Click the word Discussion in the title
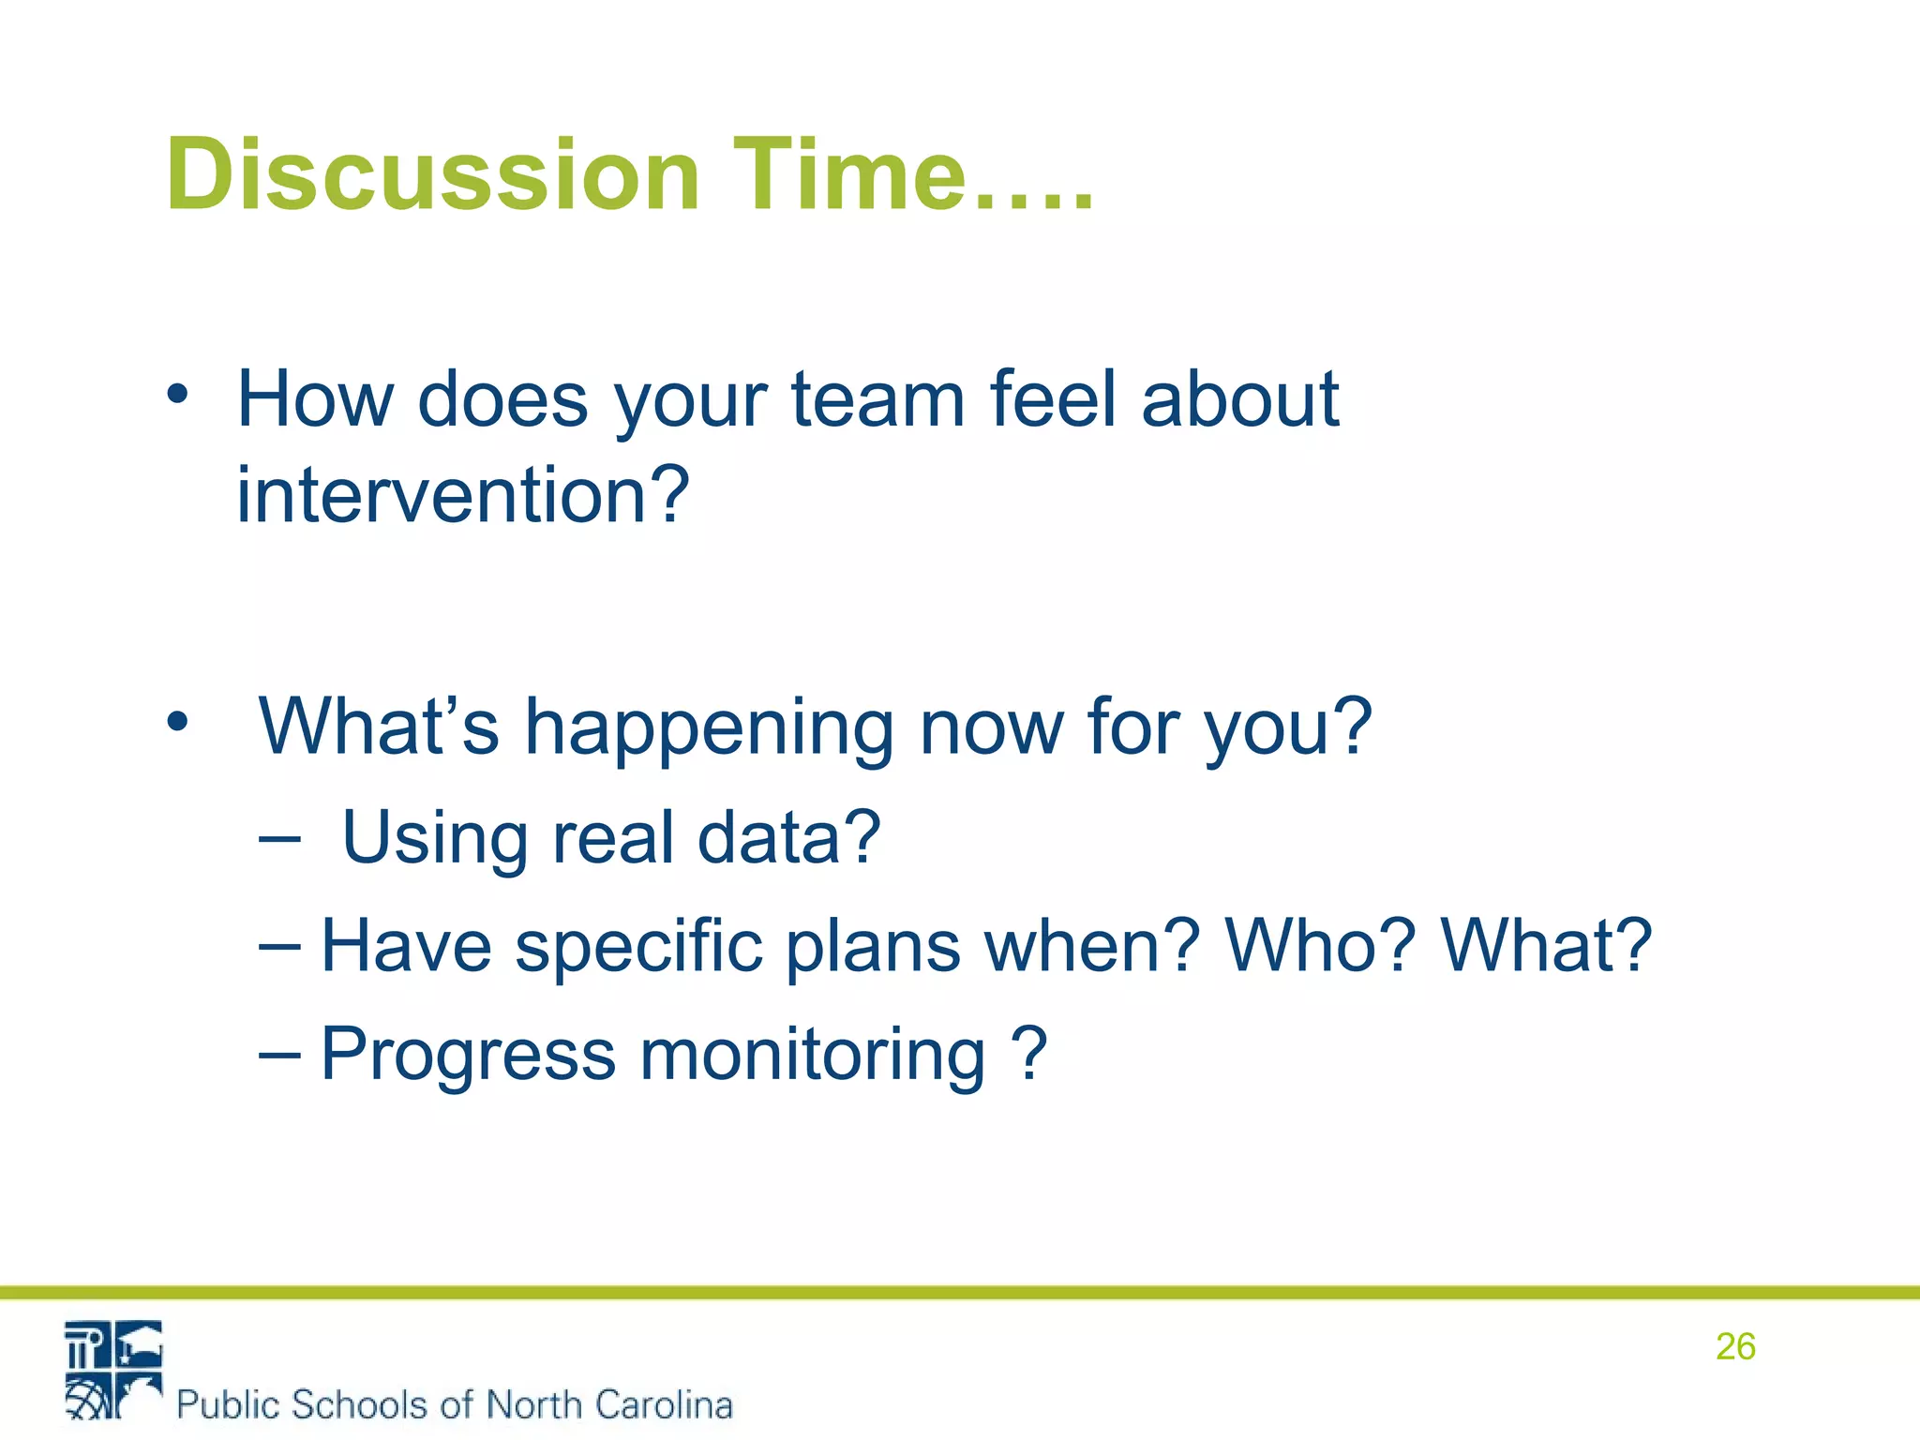tap(432, 175)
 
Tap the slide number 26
tap(1734, 1347)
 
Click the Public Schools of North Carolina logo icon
tap(113, 1370)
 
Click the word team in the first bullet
tap(877, 400)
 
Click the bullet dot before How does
tap(177, 395)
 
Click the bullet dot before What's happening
tap(177, 722)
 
